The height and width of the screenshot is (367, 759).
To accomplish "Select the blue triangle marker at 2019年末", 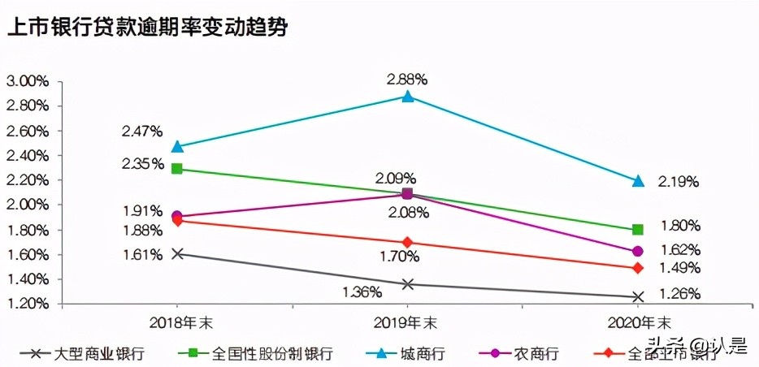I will [x=408, y=97].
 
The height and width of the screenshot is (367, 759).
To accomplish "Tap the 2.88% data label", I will [x=408, y=80].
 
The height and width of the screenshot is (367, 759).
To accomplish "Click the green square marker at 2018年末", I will [x=176, y=169].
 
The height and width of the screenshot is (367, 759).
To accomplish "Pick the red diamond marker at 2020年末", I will [x=638, y=268].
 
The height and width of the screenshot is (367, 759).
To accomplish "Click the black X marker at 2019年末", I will [x=408, y=284].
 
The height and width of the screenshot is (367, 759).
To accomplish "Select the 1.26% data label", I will [x=679, y=295].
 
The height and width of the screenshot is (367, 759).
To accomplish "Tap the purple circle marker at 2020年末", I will [x=638, y=251].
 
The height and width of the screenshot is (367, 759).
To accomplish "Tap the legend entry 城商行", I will [x=422, y=354].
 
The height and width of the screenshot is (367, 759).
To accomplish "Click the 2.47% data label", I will [x=142, y=131].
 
